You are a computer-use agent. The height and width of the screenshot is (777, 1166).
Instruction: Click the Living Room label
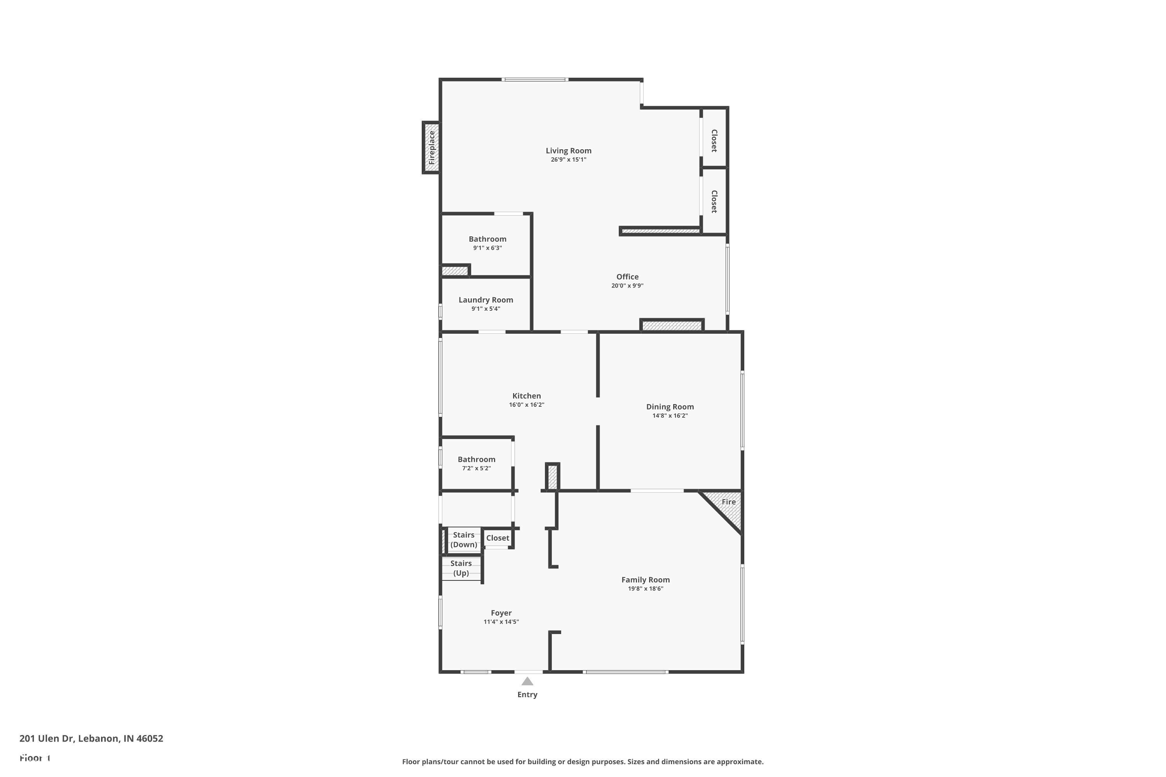click(x=568, y=151)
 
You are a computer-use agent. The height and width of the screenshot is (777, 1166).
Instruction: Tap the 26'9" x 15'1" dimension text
click(x=568, y=160)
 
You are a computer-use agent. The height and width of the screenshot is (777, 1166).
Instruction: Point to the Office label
click(x=627, y=277)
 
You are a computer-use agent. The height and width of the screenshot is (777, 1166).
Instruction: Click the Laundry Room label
click(x=485, y=300)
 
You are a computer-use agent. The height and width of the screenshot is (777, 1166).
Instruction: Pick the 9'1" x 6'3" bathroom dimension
click(x=487, y=248)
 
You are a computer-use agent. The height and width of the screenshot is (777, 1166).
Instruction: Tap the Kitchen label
click(x=527, y=396)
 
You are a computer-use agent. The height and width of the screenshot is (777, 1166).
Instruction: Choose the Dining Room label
click(x=670, y=407)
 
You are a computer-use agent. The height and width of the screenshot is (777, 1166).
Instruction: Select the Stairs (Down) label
click(x=464, y=540)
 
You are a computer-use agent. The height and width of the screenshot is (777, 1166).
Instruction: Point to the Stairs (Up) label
click(x=461, y=568)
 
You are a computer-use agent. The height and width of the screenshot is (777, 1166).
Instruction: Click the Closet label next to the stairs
click(x=497, y=538)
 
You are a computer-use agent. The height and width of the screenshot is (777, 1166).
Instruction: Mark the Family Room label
click(x=646, y=580)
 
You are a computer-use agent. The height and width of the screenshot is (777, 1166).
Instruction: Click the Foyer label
click(x=501, y=613)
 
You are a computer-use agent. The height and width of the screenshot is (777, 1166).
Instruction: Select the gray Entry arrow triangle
click(x=527, y=682)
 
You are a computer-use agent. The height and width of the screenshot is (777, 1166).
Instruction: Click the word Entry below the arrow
click(x=527, y=695)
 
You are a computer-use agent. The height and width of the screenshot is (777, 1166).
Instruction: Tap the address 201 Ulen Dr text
click(x=91, y=739)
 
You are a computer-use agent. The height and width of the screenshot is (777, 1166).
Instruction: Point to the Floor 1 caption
click(x=35, y=758)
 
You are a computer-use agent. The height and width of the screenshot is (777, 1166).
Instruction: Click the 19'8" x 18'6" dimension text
click(x=646, y=589)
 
